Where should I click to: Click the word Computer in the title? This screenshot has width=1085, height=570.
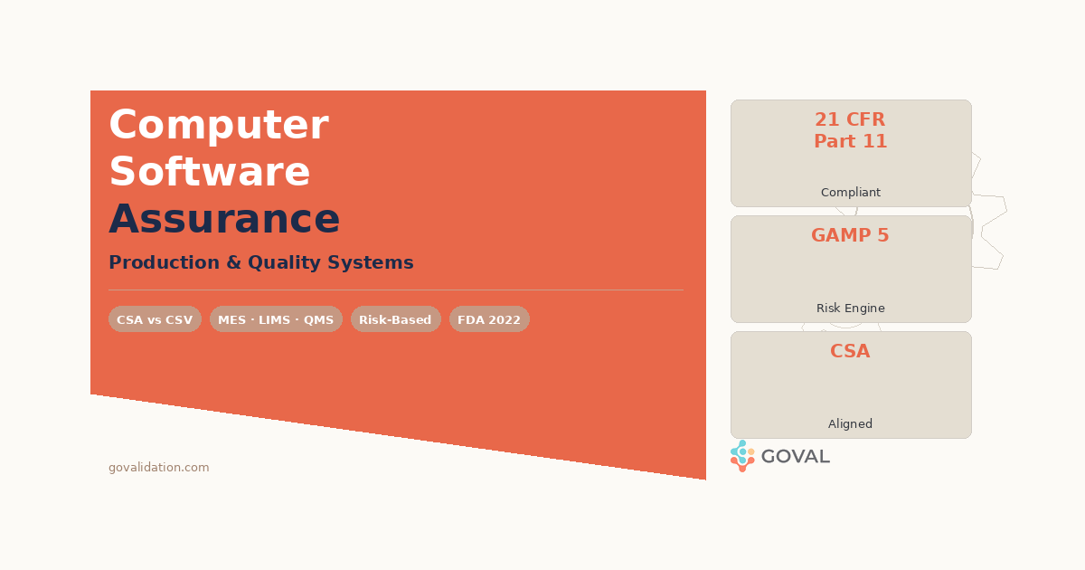218,125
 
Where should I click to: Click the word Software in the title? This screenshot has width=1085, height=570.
210,172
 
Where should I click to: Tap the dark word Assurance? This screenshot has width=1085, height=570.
224,219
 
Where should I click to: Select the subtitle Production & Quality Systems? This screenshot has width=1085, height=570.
260,262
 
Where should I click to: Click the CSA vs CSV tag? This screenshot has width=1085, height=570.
155,319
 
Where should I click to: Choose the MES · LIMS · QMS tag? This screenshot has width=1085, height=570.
276,319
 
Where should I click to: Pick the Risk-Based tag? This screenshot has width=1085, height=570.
395,319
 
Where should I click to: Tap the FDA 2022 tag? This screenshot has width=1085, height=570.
489,319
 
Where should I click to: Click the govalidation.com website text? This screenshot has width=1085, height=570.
158,468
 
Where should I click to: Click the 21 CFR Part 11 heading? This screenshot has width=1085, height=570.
850,130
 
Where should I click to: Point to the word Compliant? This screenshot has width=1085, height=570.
850,193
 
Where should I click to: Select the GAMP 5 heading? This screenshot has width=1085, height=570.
850,235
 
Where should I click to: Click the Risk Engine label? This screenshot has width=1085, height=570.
850,309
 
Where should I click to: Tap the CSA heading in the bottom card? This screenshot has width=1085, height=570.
850,351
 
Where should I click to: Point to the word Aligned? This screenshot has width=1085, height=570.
850,424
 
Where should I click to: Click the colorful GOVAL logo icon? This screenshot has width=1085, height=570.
742,456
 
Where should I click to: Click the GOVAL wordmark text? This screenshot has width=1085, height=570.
795,457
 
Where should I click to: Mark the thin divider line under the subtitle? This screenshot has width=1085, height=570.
395,290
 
